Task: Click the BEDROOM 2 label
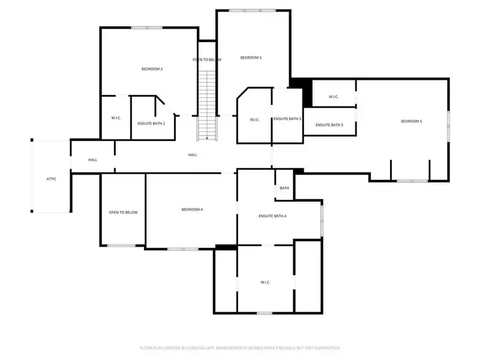(x=152, y=69)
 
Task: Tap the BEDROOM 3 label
(x=251, y=58)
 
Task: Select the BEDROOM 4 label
(x=192, y=209)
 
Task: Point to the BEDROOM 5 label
(x=412, y=121)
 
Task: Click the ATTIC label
(x=52, y=179)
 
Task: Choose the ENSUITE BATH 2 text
(x=151, y=123)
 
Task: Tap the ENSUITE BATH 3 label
(x=287, y=119)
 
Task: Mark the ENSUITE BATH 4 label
(x=272, y=215)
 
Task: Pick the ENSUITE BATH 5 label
(x=329, y=125)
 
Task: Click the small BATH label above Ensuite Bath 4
(x=284, y=188)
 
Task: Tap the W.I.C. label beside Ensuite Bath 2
(x=116, y=118)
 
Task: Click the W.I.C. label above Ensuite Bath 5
(x=334, y=97)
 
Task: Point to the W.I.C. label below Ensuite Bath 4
(x=266, y=282)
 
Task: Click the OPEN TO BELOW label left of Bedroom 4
(x=123, y=212)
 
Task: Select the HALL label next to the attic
(x=92, y=160)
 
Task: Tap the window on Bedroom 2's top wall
(x=143, y=27)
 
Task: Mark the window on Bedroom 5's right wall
(x=448, y=125)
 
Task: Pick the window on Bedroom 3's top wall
(x=252, y=10)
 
